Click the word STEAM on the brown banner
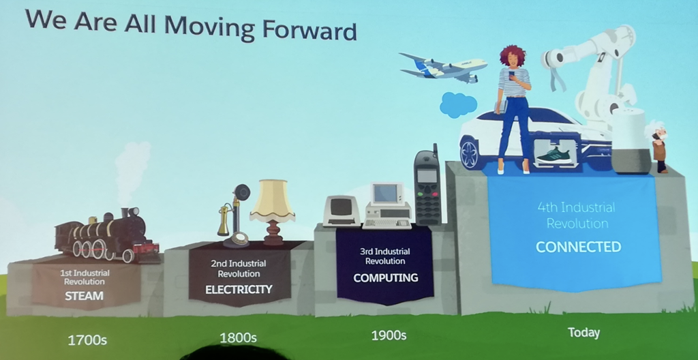(x=84, y=296)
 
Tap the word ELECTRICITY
(x=239, y=290)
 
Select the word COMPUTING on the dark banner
(x=386, y=278)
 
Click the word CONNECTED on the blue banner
(x=578, y=246)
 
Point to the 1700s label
(x=87, y=341)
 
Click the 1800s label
(x=238, y=338)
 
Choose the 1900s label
(x=389, y=335)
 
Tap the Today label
(x=583, y=332)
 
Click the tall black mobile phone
(x=428, y=186)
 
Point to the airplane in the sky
(x=442, y=67)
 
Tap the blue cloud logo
(x=458, y=105)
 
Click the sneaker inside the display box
(x=554, y=156)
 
